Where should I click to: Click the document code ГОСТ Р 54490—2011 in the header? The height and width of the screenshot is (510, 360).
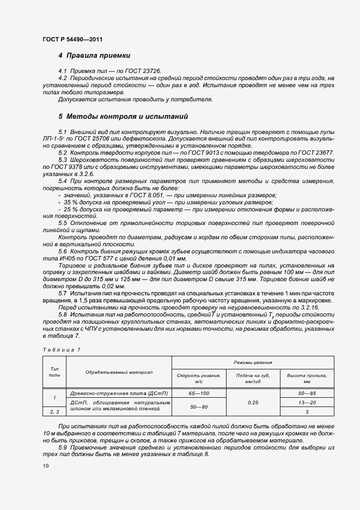click(72, 40)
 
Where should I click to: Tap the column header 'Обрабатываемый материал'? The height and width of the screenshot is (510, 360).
click(119, 372)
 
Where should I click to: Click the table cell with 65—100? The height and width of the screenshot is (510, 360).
click(199, 392)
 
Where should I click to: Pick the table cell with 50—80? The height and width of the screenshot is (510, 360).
click(199, 406)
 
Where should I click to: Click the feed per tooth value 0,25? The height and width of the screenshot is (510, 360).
click(253, 402)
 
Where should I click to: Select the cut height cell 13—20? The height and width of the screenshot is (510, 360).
click(307, 402)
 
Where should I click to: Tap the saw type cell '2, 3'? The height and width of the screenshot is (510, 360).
click(54, 412)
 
